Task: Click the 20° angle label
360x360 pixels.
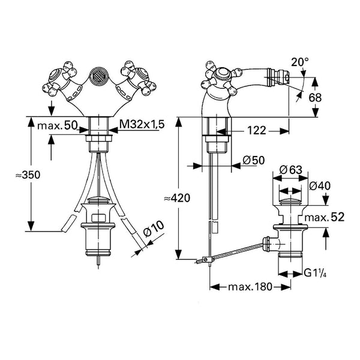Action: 300,62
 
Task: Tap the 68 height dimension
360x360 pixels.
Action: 315,98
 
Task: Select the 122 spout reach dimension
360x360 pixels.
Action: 257,131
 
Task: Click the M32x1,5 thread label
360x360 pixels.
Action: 142,124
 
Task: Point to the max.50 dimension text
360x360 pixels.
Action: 57,125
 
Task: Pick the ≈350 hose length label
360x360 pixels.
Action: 28,175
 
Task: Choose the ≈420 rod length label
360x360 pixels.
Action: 177,198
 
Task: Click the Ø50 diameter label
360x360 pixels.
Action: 253,160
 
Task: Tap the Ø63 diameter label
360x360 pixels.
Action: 291,170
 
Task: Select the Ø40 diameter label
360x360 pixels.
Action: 320,186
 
